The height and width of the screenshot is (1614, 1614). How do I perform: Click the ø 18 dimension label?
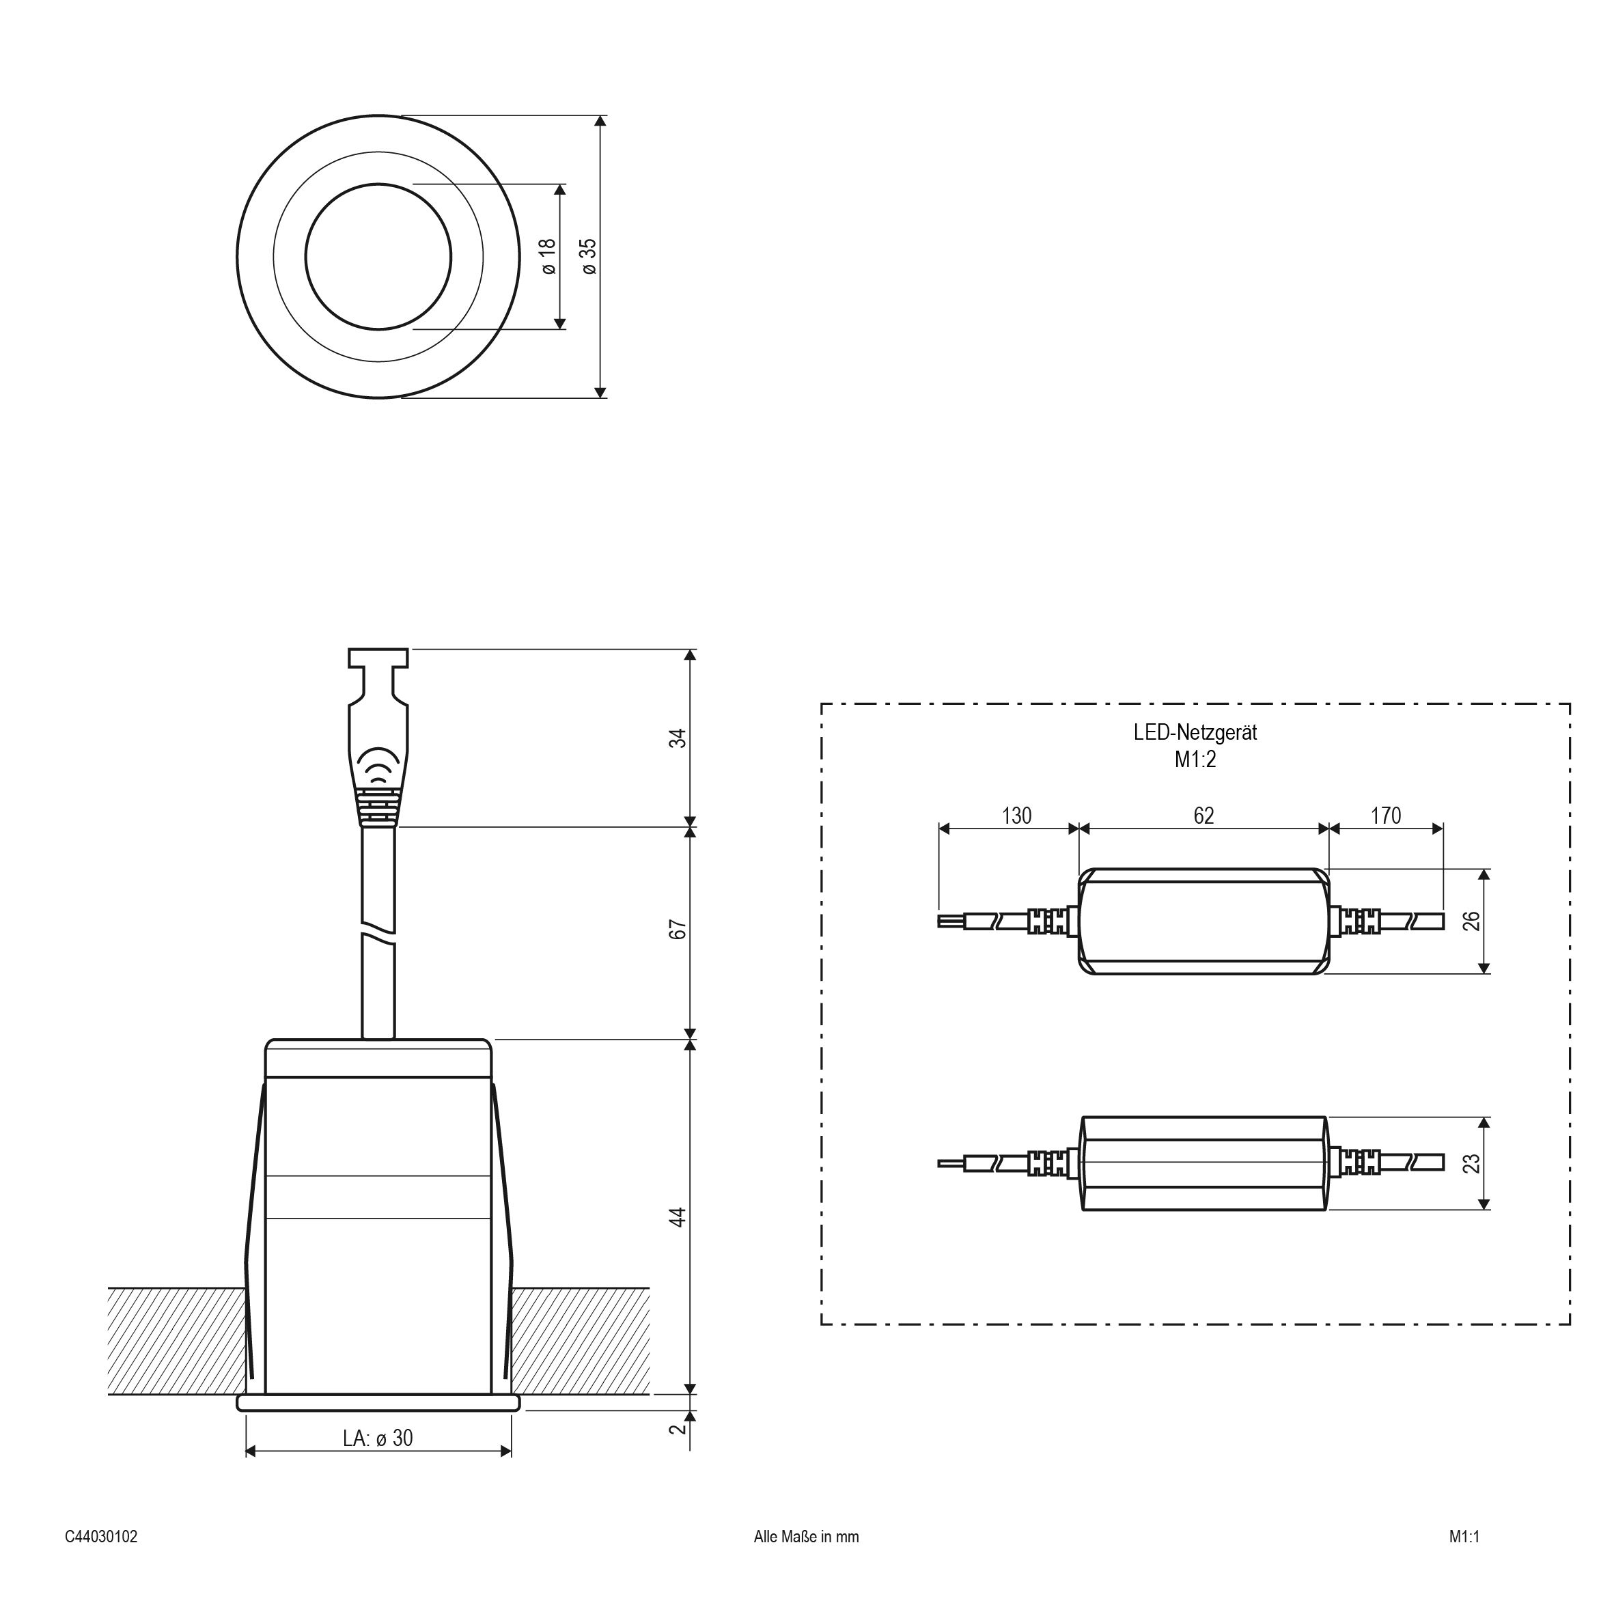coord(548,256)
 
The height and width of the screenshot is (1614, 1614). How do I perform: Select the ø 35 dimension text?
coord(589,256)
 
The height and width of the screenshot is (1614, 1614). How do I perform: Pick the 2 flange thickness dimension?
coord(678,1428)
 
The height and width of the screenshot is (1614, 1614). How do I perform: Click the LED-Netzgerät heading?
coord(1195,733)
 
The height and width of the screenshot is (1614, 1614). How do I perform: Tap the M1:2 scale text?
coord(1195,760)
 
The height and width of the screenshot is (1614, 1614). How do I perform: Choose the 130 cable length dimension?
coord(1016,816)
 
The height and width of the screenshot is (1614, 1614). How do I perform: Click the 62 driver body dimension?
coord(1203,816)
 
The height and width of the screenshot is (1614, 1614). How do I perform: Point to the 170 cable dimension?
coord(1386,816)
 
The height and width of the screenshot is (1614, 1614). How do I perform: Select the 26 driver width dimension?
coord(1472,921)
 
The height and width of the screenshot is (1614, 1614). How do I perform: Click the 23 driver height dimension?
coord(1472,1163)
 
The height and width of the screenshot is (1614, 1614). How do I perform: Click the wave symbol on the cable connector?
coord(378,765)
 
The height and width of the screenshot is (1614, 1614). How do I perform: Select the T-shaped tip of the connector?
coord(378,659)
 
